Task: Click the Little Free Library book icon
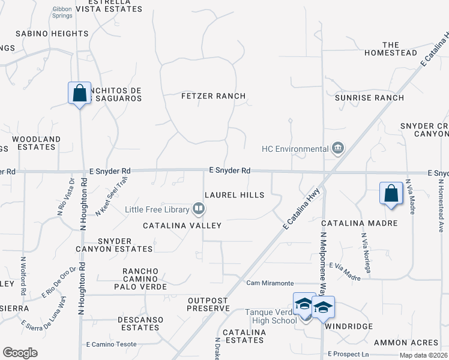(x=199, y=209)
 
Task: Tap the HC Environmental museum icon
(x=338, y=148)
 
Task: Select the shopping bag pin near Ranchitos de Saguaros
(x=79, y=94)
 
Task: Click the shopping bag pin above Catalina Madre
(x=391, y=194)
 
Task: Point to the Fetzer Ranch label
(x=214, y=96)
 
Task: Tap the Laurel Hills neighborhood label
(x=234, y=195)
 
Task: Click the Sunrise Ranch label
(x=369, y=98)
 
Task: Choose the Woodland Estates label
(x=37, y=143)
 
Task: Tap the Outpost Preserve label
(x=208, y=304)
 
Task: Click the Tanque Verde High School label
(x=271, y=316)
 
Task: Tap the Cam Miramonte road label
(x=270, y=283)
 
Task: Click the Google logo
(x=20, y=353)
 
